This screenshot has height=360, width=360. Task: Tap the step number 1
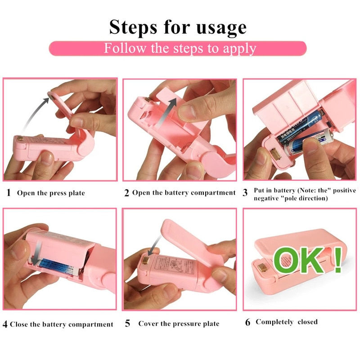point(9,193)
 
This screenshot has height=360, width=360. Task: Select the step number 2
point(127,193)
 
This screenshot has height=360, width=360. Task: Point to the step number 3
point(245,193)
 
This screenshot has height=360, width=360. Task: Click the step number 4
point(5,324)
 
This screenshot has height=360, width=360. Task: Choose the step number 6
point(247,322)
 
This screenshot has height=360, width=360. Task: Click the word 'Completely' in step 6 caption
point(275,322)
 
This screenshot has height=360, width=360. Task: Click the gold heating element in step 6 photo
point(262,268)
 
